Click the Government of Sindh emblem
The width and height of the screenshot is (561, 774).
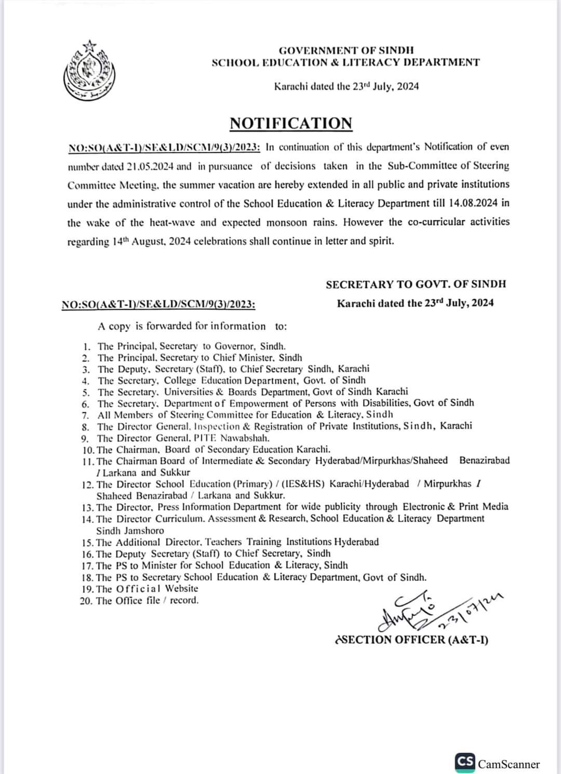click(85, 71)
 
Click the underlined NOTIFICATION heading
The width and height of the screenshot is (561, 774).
click(291, 123)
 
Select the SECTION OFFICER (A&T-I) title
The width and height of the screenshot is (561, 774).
click(412, 640)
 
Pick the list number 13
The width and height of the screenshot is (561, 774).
click(88, 507)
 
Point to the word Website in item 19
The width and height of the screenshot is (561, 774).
click(182, 589)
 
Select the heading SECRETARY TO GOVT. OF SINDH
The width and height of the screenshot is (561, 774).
click(416, 284)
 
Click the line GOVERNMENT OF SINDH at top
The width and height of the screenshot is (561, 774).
click(346, 50)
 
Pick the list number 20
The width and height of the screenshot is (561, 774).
click(87, 601)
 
